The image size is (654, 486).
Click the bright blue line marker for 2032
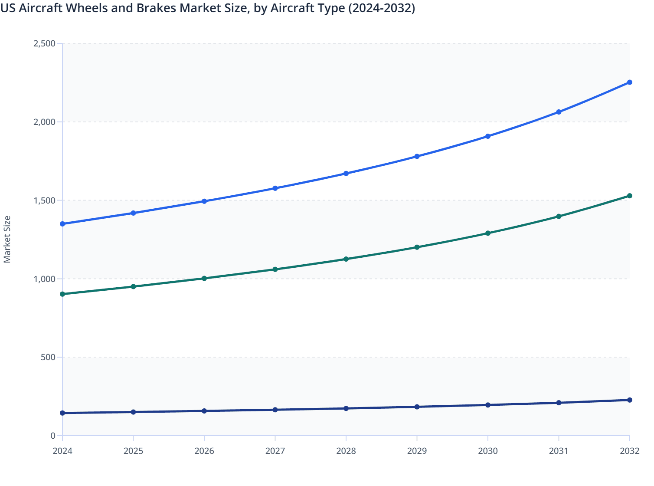coord(629,82)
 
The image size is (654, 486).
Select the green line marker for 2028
coord(346,259)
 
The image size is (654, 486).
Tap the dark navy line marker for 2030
coord(488,405)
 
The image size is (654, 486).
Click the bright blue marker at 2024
coord(62,224)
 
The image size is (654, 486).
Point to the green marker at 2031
coord(559,217)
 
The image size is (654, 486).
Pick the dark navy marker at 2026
coord(204,411)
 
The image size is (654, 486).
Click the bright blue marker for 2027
coord(275,188)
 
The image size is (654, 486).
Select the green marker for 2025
coord(134,287)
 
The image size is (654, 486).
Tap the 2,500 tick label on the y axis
coord(44,43)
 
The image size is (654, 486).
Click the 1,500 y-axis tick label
coord(44,200)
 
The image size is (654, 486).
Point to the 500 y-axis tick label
coord(48,358)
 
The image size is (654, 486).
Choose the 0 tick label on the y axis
coord(53,436)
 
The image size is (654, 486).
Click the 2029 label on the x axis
coord(417,451)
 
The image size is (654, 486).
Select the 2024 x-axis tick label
coord(62,451)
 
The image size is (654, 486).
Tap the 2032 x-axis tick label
coord(629,451)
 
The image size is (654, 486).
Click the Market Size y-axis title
coord(7,240)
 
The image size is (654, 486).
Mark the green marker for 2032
coord(629,196)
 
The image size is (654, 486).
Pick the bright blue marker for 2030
coord(488,136)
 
